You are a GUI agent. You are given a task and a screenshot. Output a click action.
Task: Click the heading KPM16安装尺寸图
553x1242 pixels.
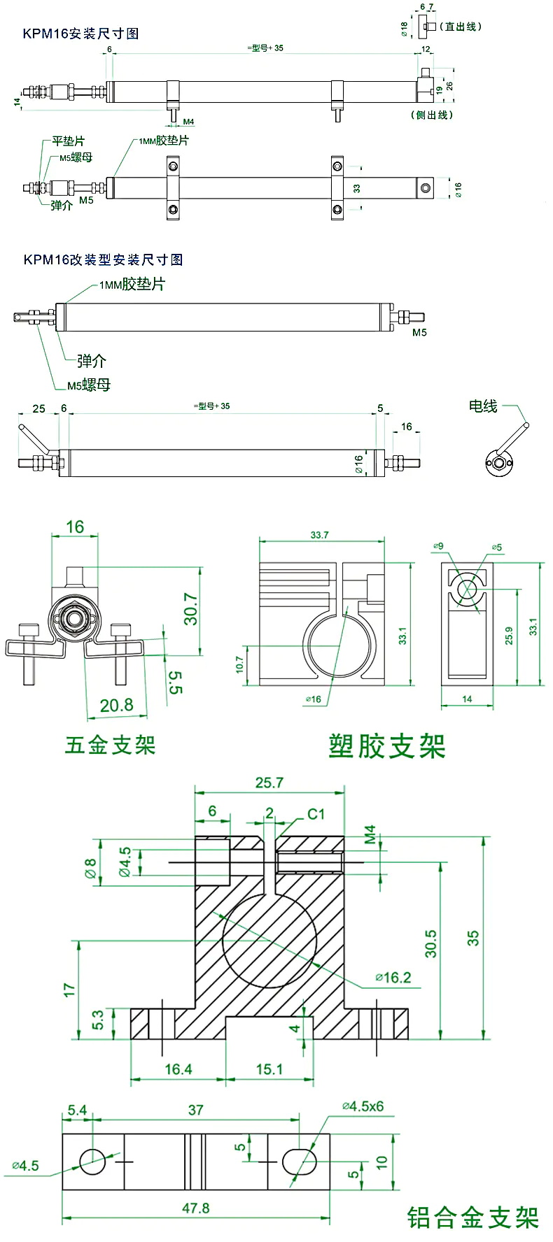[80, 34]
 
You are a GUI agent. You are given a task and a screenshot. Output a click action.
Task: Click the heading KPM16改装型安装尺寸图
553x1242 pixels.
[103, 259]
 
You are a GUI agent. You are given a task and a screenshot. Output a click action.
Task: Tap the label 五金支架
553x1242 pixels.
[110, 745]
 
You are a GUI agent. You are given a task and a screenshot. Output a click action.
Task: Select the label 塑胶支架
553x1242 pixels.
[386, 746]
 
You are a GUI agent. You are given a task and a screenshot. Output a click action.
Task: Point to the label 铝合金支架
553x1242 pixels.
[472, 1218]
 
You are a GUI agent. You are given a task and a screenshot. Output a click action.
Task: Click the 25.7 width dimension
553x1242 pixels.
[269, 783]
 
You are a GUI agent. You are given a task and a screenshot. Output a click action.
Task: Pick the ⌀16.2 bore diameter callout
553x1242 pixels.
[393, 977]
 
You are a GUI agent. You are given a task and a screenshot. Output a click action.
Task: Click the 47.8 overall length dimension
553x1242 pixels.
[195, 1208]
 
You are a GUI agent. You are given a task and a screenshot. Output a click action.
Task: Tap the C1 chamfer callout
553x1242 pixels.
[316, 814]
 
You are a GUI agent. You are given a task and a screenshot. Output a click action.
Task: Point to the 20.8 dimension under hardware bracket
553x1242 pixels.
[116, 705]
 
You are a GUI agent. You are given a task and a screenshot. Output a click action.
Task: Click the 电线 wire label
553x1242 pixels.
[483, 406]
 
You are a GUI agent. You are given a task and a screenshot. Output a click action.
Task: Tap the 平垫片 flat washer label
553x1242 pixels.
[69, 142]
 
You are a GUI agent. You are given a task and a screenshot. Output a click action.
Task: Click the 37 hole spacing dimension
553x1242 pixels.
[195, 1110]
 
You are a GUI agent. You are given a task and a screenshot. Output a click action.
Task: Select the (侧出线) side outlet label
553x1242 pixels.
[432, 115]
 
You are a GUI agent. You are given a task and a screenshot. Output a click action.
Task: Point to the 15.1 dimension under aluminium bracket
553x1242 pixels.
[269, 1069]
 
